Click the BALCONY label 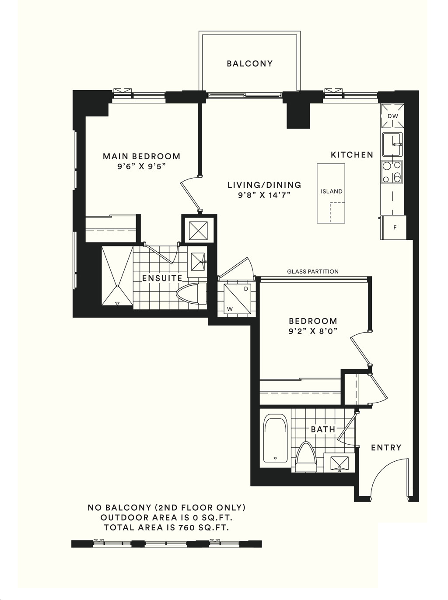(250, 64)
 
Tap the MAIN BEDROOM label (141, 156)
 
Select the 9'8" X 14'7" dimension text (264, 196)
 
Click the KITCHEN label (352, 155)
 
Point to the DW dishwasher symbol (392, 116)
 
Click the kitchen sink (392, 144)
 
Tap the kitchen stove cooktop (392, 172)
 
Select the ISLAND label (331, 191)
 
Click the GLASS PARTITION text (313, 271)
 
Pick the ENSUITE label (162, 278)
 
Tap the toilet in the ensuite (192, 294)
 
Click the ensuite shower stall (117, 276)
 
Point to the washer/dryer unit (237, 298)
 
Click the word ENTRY (386, 448)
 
